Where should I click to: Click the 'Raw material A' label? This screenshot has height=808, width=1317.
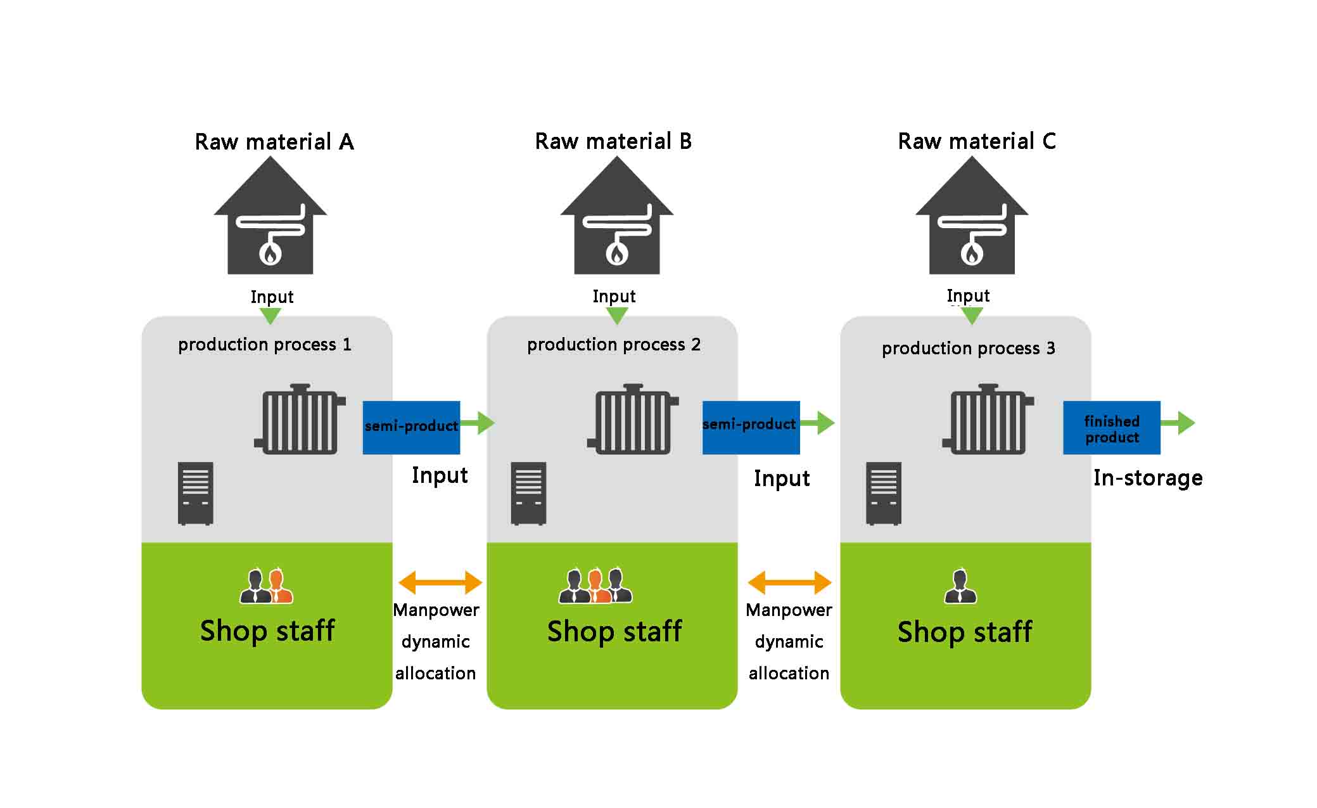tap(274, 141)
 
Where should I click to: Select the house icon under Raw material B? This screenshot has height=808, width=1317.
tap(616, 215)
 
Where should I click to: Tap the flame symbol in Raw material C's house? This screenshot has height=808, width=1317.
tap(972, 254)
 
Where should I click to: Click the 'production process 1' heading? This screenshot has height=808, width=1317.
tap(264, 345)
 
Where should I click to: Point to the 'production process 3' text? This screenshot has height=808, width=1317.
tap(968, 349)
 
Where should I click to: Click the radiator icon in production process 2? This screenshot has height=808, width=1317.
tap(633, 419)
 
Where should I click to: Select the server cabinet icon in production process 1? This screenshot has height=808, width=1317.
tap(195, 494)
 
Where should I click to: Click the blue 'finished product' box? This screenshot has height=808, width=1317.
tap(1112, 428)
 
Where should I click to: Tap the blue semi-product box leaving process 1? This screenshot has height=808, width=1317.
tap(411, 428)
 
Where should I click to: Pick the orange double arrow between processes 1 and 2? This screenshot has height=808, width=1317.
tap(440, 582)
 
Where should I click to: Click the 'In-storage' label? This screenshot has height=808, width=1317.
tap(1148, 478)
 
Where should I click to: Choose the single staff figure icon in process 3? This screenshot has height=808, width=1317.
tap(960, 586)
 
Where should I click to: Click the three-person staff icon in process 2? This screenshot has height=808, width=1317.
tap(595, 585)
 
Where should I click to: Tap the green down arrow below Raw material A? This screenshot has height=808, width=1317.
tap(270, 316)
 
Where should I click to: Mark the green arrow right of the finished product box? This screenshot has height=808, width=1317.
tap(1178, 423)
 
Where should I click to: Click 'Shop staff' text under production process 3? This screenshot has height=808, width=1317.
tap(965, 632)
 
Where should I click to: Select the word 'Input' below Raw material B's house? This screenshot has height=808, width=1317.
tap(614, 296)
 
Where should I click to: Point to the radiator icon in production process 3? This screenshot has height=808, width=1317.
tap(988, 419)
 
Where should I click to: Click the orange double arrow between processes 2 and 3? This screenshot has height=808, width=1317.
tap(789, 582)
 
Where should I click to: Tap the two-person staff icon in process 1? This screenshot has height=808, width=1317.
tap(266, 586)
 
